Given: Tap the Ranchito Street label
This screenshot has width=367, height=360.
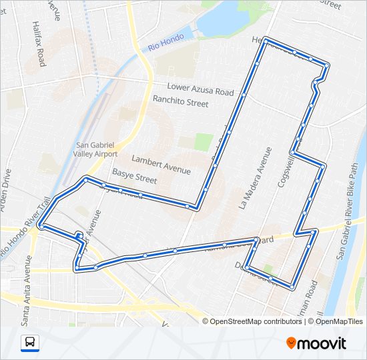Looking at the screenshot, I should point(180,102).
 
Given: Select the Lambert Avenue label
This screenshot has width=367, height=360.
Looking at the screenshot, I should point(161,165).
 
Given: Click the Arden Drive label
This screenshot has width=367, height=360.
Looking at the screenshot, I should point(7,190).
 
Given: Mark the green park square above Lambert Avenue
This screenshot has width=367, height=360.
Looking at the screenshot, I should point(204,141).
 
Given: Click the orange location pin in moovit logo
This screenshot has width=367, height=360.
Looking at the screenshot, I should point(292,343).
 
